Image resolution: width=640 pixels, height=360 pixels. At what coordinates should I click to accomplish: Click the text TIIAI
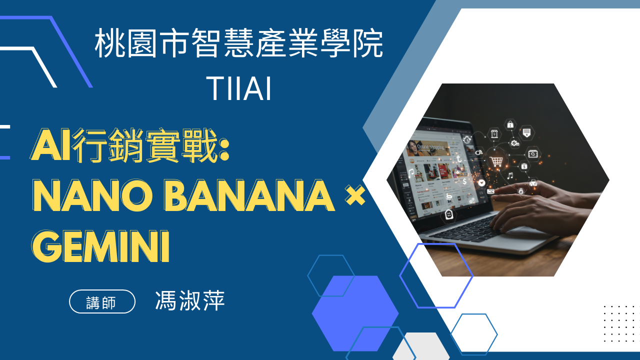[x=238, y=88]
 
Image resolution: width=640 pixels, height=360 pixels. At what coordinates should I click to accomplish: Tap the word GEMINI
[x=100, y=246]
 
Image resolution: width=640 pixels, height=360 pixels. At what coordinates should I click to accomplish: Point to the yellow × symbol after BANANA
[x=355, y=195]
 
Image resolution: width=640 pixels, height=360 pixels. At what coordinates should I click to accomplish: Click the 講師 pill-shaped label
[x=102, y=301]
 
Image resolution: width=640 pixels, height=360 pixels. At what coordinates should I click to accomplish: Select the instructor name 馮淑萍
[x=190, y=300]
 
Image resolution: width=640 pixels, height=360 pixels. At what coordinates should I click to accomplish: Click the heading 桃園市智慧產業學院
[x=239, y=43]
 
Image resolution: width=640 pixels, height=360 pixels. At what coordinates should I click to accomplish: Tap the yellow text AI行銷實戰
[x=130, y=145]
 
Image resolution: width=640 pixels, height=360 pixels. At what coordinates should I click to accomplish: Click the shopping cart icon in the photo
[x=497, y=161]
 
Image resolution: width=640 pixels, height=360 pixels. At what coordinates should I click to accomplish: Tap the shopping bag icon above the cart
[x=510, y=124]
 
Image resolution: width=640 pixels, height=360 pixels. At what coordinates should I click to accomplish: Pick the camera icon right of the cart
[x=533, y=153]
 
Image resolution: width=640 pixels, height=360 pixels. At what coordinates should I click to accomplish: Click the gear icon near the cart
[x=515, y=142]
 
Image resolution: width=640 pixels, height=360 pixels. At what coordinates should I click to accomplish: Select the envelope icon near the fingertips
[x=490, y=191]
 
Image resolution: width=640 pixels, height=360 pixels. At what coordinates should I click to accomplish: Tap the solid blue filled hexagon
[x=355, y=313]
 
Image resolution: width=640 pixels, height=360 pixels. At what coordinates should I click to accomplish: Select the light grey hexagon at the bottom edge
[x=420, y=346]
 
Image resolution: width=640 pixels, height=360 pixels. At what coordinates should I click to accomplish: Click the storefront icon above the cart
[x=494, y=133]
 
